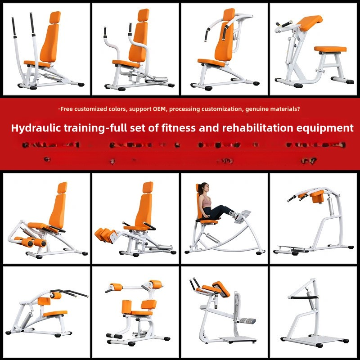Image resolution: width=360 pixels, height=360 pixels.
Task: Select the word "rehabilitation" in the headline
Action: tap(261, 128)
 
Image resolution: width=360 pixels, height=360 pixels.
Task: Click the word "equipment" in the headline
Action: tap(327, 128)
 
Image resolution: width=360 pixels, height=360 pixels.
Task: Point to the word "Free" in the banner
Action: tap(67, 109)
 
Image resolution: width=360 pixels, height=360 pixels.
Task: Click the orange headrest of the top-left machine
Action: tap(55, 17)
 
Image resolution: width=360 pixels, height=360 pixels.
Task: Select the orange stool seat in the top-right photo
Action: tap(330, 49)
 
